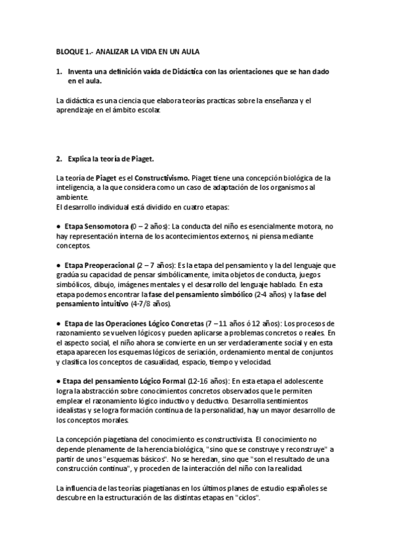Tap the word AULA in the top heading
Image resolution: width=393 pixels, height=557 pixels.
click(189, 51)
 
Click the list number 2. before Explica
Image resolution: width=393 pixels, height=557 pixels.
click(60, 158)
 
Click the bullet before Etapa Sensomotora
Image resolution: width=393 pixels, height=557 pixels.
click(59, 225)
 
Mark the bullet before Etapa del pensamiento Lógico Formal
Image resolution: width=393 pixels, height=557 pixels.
click(59, 382)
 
